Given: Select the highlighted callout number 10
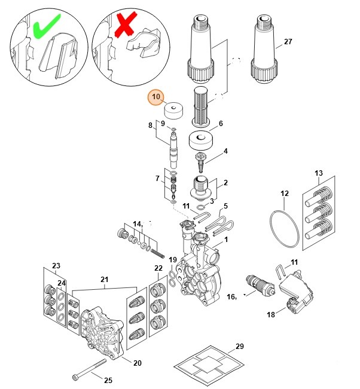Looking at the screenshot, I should click(156, 97).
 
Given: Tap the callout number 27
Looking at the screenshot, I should click(288, 42).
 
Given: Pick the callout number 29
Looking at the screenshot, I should click(240, 347).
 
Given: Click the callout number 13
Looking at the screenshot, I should click(319, 174).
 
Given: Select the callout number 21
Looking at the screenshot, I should click(104, 279).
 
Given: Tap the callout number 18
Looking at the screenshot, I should click(271, 314).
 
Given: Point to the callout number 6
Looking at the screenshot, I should click(220, 124).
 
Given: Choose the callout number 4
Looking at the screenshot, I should click(225, 152).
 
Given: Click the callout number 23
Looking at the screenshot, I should click(56, 266).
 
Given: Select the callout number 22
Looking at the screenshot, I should click(158, 268).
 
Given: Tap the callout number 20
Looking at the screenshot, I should click(137, 363).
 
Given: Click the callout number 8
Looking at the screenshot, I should click(151, 125).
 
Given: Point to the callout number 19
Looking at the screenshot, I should click(172, 260).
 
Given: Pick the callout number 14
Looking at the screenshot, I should click(138, 223).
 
